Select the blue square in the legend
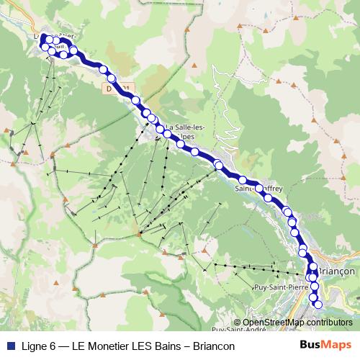point(10,346)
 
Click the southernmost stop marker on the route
point(318,305)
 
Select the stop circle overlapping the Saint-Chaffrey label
point(259,189)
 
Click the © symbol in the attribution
point(236,323)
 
